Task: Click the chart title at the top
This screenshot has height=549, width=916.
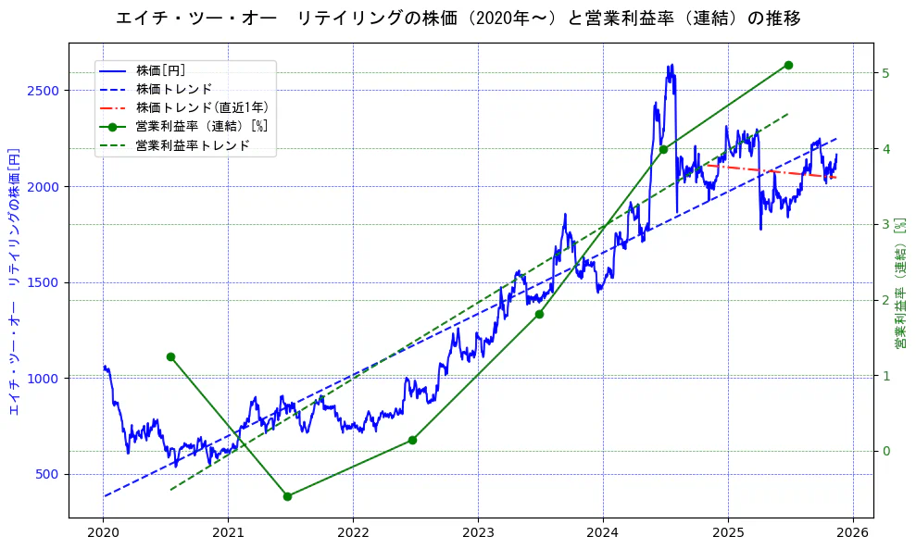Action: click(x=458, y=19)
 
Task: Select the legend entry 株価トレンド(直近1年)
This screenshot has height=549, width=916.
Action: click(x=202, y=107)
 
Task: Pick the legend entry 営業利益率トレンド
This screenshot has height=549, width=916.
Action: click(x=193, y=145)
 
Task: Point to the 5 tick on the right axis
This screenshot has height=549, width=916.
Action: click(x=886, y=73)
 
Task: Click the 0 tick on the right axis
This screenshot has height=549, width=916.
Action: click(x=886, y=451)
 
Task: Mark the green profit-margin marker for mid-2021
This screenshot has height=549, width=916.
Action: click(x=287, y=496)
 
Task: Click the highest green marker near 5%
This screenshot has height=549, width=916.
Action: click(x=788, y=65)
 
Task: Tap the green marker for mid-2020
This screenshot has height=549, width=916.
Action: click(x=170, y=356)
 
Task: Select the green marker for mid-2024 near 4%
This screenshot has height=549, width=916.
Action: click(x=663, y=149)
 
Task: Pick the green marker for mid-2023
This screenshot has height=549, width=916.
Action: click(x=539, y=314)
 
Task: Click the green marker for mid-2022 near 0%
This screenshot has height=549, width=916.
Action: click(x=412, y=440)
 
